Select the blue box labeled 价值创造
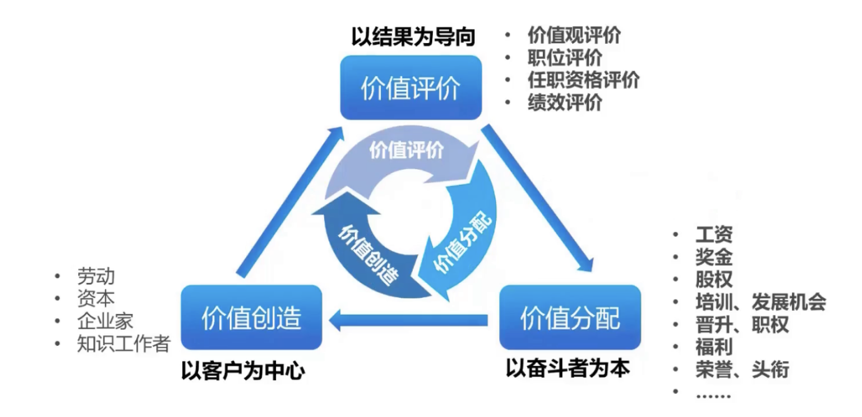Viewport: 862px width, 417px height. click(x=251, y=317)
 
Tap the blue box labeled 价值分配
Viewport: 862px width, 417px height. click(x=570, y=317)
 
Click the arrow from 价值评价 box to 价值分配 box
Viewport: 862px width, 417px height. click(x=538, y=197)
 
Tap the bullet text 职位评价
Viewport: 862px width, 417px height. click(x=565, y=58)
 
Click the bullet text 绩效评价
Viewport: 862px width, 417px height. click(x=565, y=102)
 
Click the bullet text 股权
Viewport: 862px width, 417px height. click(x=713, y=279)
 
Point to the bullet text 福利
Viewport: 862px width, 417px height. click(x=713, y=346)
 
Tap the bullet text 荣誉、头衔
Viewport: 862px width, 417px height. click(x=742, y=369)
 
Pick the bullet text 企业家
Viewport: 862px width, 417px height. click(x=106, y=321)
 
